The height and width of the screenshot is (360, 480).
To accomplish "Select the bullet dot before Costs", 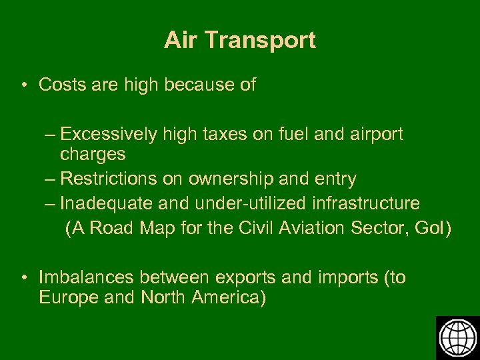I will point(23,85).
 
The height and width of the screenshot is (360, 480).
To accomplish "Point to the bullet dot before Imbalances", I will point(23,277).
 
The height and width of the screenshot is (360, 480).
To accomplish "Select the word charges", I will point(93,155).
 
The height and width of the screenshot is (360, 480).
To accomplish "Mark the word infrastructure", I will point(363,203).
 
